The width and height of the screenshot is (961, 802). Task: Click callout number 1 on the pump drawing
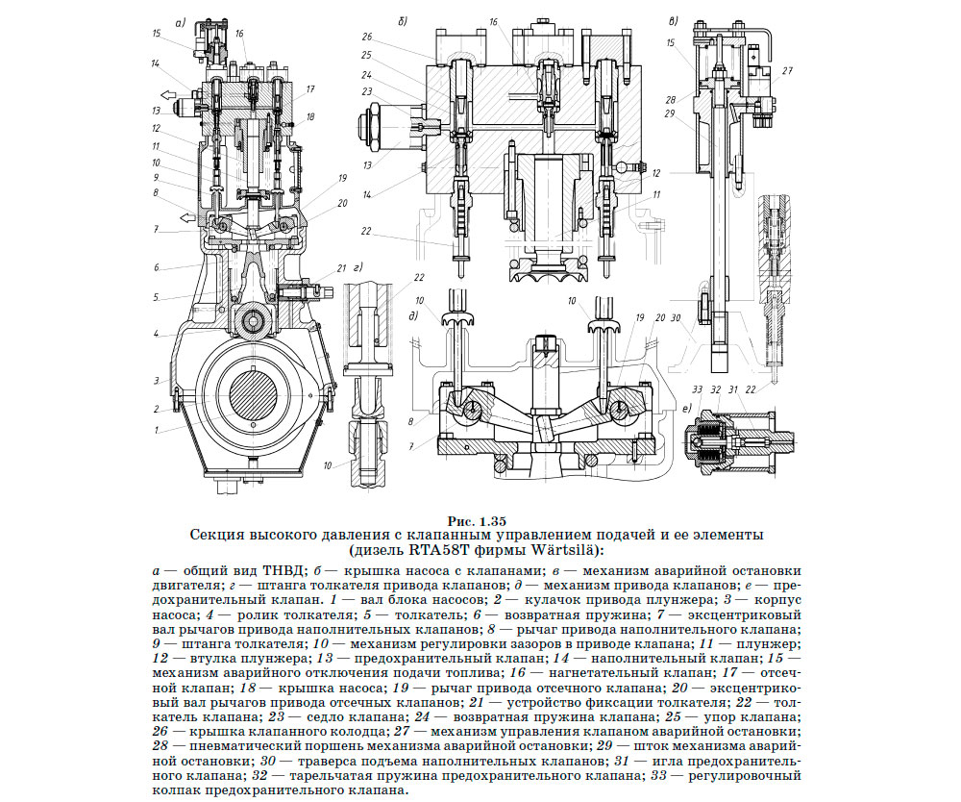pyautogui.click(x=157, y=431)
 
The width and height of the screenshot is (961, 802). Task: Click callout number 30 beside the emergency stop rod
pyautogui.click(x=676, y=317)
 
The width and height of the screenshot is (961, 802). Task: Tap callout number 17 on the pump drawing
pyautogui.click(x=311, y=89)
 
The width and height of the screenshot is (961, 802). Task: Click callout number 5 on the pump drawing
pyautogui.click(x=155, y=297)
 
